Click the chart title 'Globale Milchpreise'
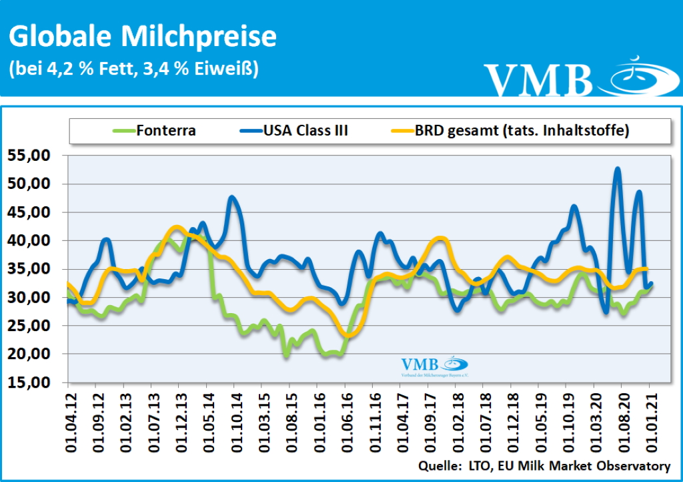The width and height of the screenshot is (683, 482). pos(142,37)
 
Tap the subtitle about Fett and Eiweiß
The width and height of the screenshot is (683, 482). pos(133,69)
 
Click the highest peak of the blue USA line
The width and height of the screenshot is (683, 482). pos(618,169)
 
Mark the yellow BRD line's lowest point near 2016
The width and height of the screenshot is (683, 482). pos(348,334)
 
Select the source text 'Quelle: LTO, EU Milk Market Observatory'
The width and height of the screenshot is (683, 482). pos(544,465)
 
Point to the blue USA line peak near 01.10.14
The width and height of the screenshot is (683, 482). pos(232,197)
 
